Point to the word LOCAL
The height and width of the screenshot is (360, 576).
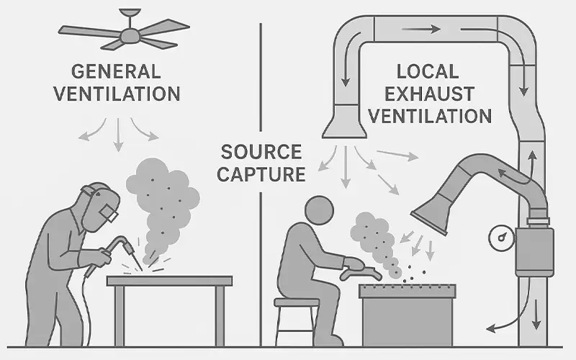point(427,72)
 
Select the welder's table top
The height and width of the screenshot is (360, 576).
point(170,280)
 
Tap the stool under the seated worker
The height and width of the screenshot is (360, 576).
point(297,317)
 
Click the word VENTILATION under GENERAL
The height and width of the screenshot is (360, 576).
point(125,94)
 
